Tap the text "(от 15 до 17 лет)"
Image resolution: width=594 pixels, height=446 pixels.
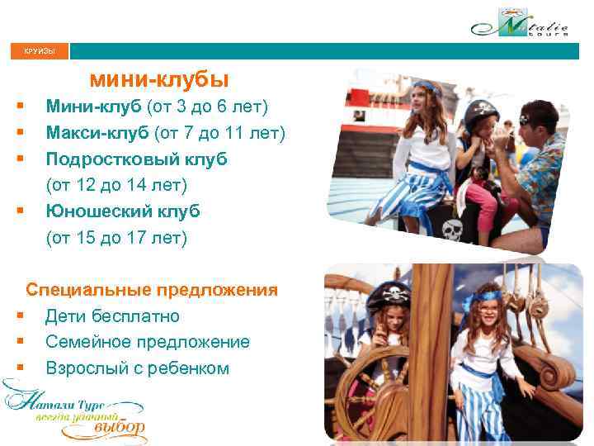pyautogui.click(x=116, y=239)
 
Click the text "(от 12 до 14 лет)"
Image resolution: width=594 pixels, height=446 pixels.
pyautogui.click(x=116, y=185)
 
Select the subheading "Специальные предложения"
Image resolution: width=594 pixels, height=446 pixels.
pyautogui.click(x=152, y=290)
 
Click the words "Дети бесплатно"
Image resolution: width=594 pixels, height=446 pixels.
pyautogui.click(x=112, y=316)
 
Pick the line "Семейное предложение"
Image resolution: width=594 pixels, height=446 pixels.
pyautogui.click(x=147, y=342)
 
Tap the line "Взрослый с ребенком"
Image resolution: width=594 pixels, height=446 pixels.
pyautogui.click(x=137, y=368)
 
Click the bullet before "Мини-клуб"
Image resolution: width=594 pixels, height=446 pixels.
pyautogui.click(x=19, y=107)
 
